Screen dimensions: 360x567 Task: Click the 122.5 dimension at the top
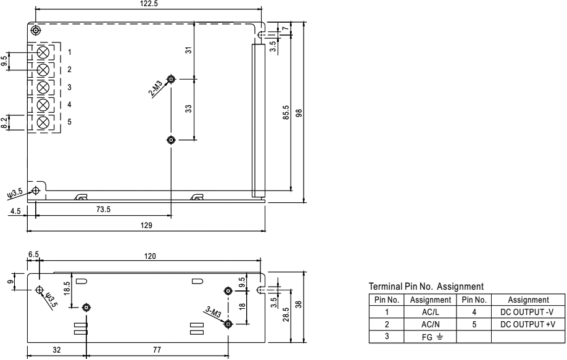(146, 4)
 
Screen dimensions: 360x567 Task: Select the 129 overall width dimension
(147, 226)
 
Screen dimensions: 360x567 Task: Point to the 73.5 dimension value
(103, 210)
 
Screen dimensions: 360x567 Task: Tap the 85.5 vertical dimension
(286, 112)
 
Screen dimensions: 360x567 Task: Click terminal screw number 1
(44, 51)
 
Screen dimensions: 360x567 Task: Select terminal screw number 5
(44, 122)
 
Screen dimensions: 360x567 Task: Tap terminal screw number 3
(44, 87)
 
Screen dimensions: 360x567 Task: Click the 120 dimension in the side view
(151, 255)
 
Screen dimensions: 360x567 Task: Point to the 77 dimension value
(157, 349)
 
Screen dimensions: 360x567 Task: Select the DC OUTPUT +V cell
(528, 323)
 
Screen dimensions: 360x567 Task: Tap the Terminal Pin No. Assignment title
(425, 287)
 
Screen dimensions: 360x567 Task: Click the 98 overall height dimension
(299, 112)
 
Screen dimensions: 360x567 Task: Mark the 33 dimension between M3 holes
(189, 108)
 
